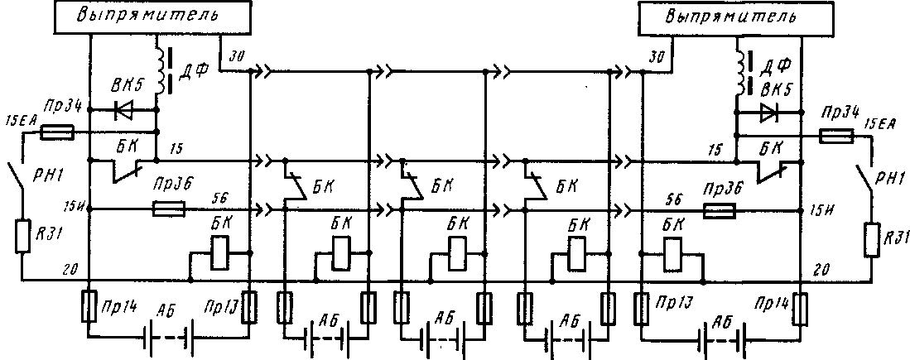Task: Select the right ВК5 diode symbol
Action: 769,110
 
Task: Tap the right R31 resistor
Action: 872,238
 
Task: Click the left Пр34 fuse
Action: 58,131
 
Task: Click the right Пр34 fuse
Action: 835,135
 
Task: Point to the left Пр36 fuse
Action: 169,210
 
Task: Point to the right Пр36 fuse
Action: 719,212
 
